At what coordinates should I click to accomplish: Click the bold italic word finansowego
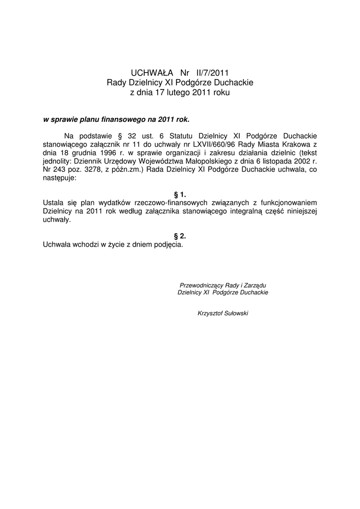[123, 120]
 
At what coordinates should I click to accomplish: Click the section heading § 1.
[180, 195]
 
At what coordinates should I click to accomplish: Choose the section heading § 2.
[180, 236]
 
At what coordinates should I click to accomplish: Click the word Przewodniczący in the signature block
[201, 285]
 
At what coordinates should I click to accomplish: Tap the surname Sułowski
[237, 314]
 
